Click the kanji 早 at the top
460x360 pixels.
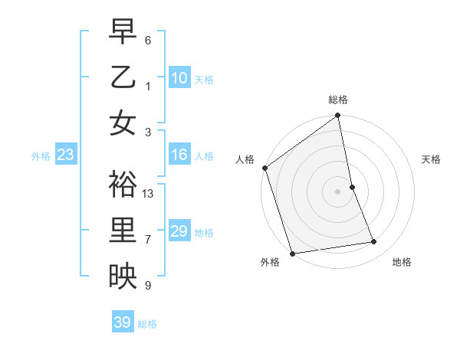(x=123, y=33)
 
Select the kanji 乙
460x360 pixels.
(x=123, y=78)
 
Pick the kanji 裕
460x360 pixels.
(x=123, y=185)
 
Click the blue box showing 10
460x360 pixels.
(x=179, y=78)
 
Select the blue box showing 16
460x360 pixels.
(x=179, y=155)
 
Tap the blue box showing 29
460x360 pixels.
(x=179, y=231)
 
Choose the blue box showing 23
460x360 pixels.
(x=65, y=155)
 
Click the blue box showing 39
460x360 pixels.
(x=122, y=322)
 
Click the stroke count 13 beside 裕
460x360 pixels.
(x=149, y=193)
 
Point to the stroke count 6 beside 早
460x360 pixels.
(x=148, y=40)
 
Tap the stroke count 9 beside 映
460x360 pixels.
(x=148, y=286)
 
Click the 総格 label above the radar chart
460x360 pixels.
(x=338, y=100)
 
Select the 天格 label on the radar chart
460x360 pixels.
(x=431, y=159)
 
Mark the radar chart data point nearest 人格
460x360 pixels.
(x=264, y=168)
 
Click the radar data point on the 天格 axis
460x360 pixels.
(x=352, y=187)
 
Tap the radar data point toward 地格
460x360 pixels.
(x=374, y=242)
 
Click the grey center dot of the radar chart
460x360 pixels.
(x=338, y=191)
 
